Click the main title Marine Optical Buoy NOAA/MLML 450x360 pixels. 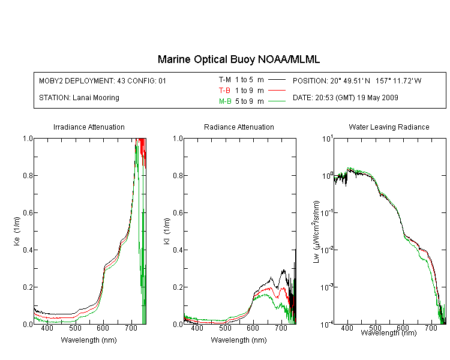pos(238,59)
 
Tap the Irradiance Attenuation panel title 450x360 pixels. pos(89,127)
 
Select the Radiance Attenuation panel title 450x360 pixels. pos(239,127)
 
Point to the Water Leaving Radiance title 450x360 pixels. pos(389,127)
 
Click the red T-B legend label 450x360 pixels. pos(224,91)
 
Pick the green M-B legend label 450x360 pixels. pos(225,101)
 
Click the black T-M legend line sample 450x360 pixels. pos(277,80)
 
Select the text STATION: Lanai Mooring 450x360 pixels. pos(79,98)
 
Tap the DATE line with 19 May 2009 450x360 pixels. pos(345,98)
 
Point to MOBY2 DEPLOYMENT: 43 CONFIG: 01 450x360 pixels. pos(103,81)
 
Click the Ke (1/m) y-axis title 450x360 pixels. pos(17,231)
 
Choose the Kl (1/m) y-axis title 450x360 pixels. pos(167,231)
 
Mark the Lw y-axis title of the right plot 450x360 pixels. pos(316,232)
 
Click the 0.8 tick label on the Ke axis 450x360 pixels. pos(28,175)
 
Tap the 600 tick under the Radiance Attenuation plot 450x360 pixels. pos(253,328)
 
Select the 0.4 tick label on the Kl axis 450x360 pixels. pos(178,250)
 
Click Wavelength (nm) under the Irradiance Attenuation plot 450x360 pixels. pos(89,340)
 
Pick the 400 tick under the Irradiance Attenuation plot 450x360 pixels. pos(47,328)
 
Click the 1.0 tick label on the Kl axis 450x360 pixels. pos(178,139)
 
